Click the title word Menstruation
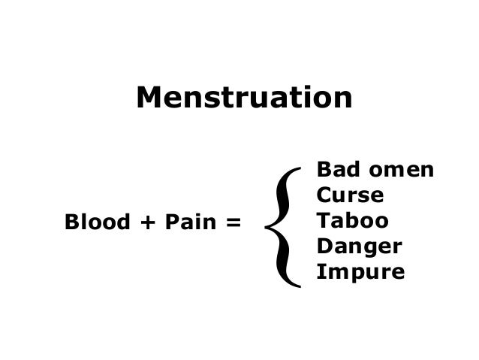click(x=244, y=98)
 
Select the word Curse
click(x=351, y=195)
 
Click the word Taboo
click(x=352, y=221)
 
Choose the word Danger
click(x=360, y=247)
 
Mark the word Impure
click(x=360, y=272)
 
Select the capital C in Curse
click(x=324, y=195)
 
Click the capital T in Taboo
click(x=324, y=221)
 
